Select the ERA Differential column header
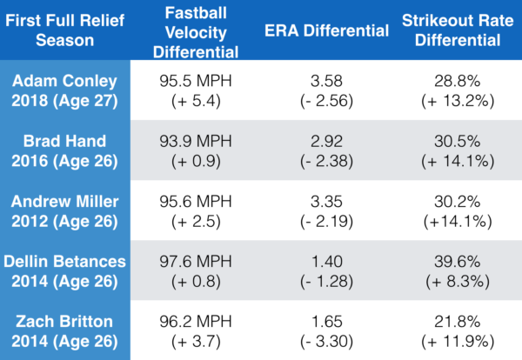(327, 31)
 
